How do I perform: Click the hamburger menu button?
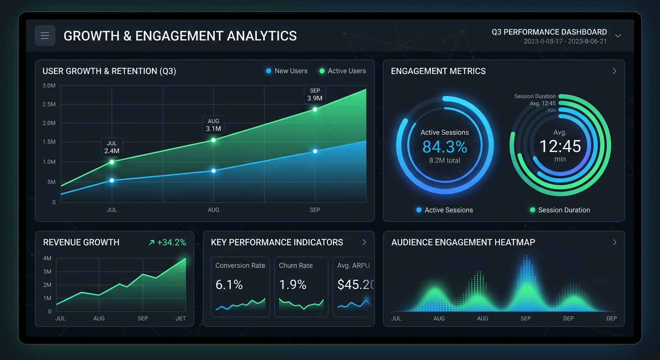(x=45, y=36)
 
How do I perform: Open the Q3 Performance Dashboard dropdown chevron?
(x=618, y=36)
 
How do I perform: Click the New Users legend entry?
(x=287, y=71)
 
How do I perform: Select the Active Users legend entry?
(x=343, y=71)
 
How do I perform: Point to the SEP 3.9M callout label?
(x=315, y=95)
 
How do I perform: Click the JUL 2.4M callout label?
(x=112, y=147)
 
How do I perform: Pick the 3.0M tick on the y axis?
(x=49, y=86)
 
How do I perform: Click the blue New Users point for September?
(x=315, y=151)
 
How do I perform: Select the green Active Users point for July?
(x=112, y=162)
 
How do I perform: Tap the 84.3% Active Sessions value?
(x=444, y=147)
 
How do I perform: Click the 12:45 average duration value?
(x=560, y=146)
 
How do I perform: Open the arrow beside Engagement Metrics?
(x=615, y=71)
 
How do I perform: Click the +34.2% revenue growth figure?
(x=167, y=242)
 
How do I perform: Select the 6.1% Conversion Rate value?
(x=229, y=285)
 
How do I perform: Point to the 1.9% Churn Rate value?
(x=292, y=285)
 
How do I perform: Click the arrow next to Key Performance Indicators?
(x=364, y=242)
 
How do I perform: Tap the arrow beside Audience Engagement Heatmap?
(x=615, y=242)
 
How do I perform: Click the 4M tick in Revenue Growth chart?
(x=47, y=258)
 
